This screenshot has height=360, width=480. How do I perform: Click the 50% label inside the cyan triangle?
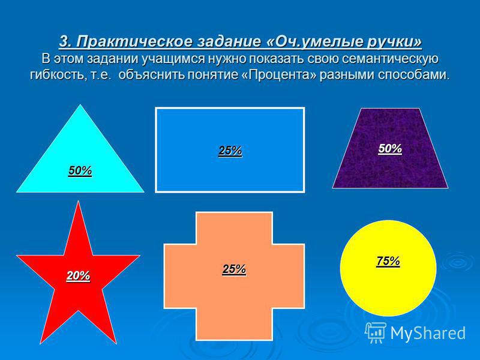click(80, 170)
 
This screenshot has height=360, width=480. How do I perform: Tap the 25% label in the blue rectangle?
click(230, 151)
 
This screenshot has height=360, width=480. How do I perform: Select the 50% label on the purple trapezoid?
click(390, 148)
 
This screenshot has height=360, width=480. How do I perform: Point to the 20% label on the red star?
click(79, 276)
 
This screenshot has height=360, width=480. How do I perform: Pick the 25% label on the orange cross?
click(234, 269)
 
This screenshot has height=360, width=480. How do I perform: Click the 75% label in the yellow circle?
click(388, 261)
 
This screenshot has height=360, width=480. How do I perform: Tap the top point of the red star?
click(79, 202)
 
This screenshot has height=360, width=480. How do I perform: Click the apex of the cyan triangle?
click(80, 105)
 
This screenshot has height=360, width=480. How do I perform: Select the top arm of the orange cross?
click(234, 228)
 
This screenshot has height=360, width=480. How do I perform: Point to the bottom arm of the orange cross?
click(234, 324)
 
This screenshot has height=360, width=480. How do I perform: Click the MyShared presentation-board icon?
click(376, 332)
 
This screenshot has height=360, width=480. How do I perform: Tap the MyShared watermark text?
click(428, 333)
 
